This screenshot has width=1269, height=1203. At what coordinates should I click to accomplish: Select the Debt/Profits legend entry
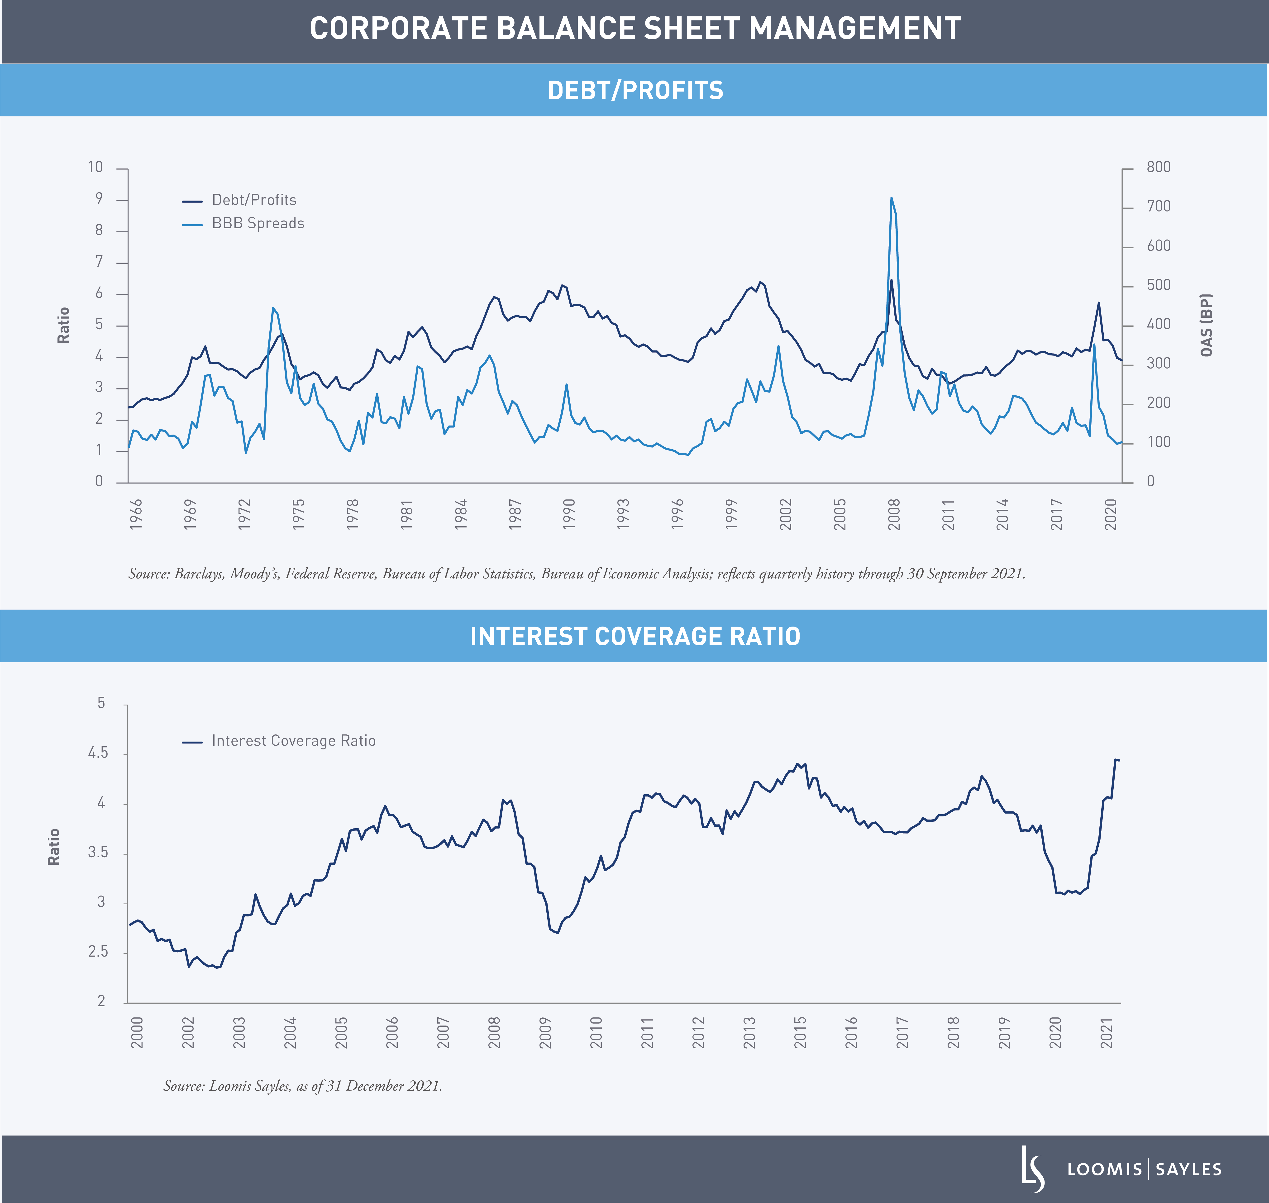click(x=254, y=200)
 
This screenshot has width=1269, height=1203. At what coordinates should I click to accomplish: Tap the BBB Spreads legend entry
click(x=258, y=224)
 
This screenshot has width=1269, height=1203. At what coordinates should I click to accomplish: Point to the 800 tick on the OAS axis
click(x=1158, y=167)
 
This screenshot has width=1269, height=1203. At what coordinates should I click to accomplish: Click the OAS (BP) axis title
click(x=1206, y=325)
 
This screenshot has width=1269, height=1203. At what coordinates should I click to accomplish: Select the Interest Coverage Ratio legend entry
click(x=293, y=741)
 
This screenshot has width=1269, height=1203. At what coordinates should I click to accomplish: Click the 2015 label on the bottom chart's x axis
click(x=800, y=1032)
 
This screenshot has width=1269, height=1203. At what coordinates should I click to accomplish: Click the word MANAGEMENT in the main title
click(x=855, y=29)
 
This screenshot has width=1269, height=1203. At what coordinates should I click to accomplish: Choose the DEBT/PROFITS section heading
click(x=635, y=91)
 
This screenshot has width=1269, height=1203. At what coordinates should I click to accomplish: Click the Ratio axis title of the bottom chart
click(x=54, y=846)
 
